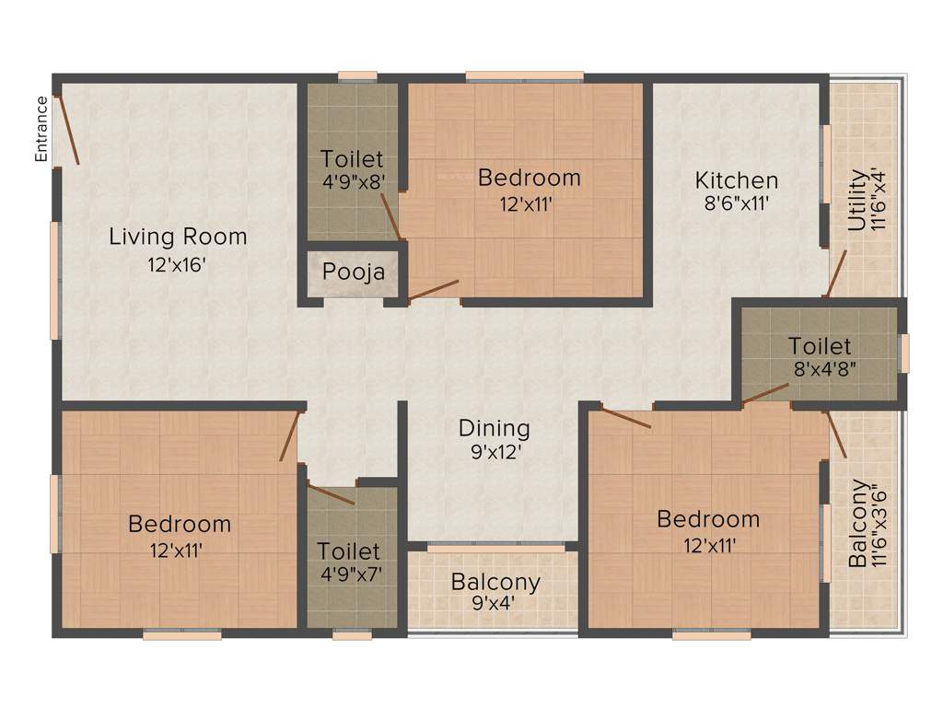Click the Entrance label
(41, 129)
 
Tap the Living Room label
(178, 237)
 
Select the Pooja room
(353, 273)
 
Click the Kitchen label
(736, 180)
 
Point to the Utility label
(856, 200)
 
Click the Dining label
(495, 428)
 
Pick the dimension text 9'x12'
(495, 452)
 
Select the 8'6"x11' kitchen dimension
(736, 203)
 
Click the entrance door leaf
(67, 130)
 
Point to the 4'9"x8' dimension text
(352, 182)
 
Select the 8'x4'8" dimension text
(820, 370)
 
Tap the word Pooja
(353, 273)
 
